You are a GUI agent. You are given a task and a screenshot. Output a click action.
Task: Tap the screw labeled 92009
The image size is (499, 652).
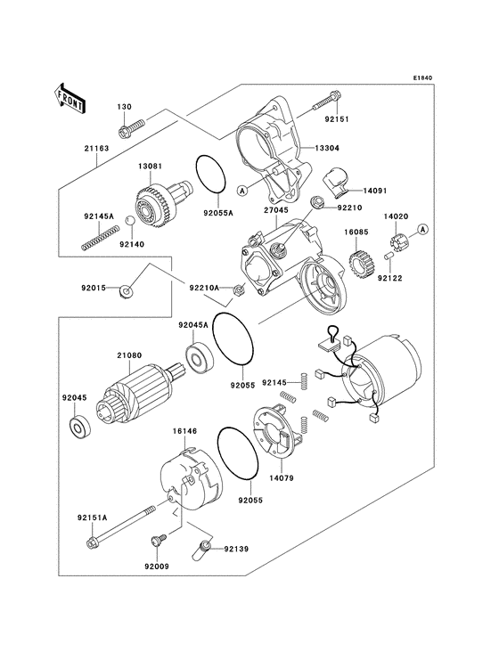[x=157, y=540]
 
